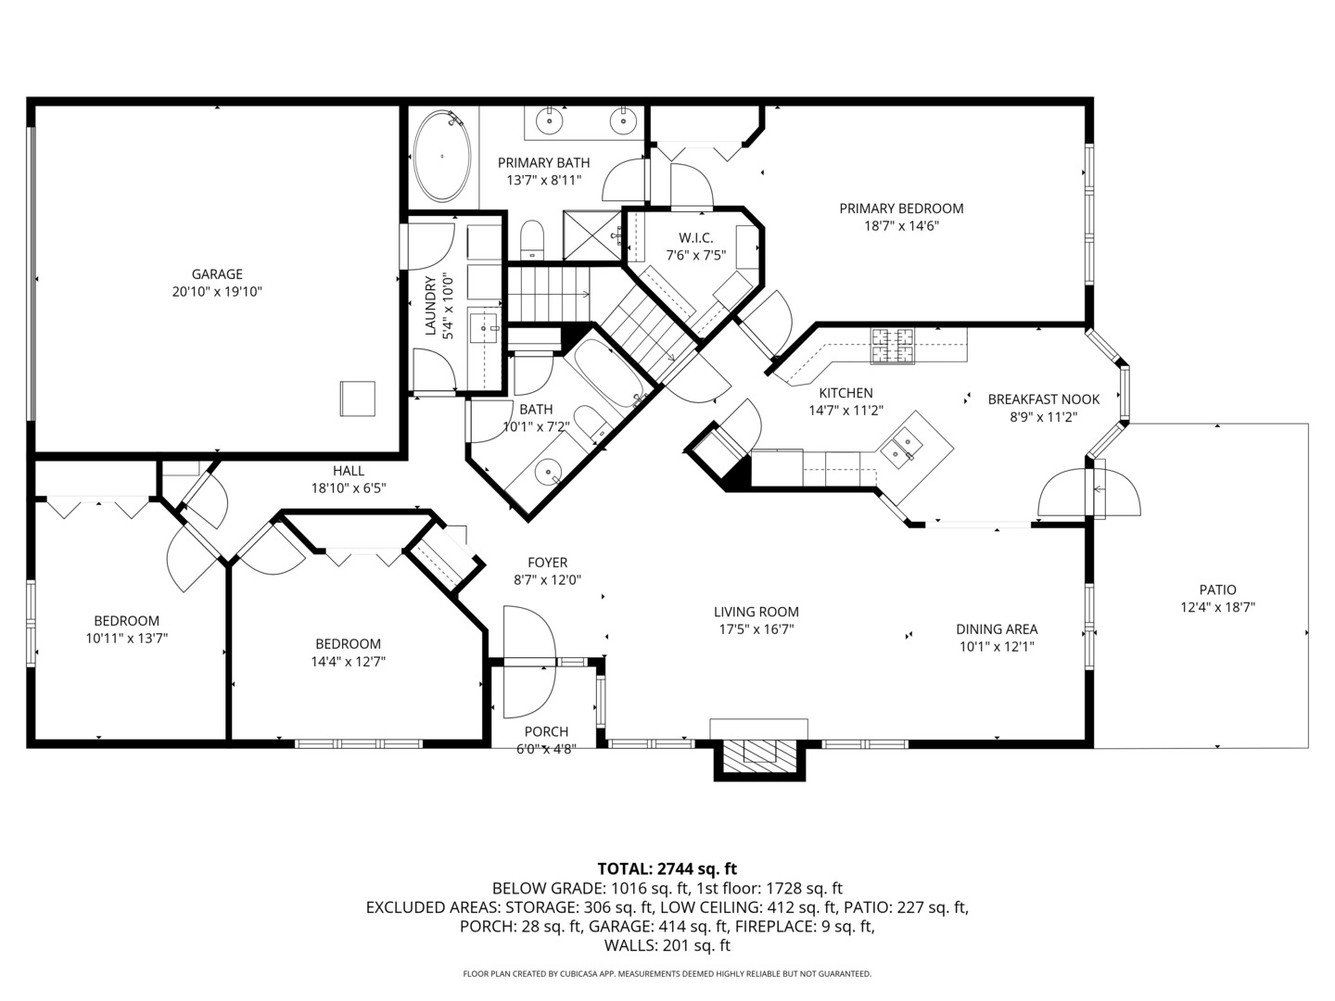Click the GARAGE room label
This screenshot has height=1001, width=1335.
point(217,274)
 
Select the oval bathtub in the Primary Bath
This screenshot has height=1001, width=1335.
point(441,157)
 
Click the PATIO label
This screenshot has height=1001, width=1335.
point(1217,589)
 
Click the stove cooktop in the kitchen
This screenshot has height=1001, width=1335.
point(891,346)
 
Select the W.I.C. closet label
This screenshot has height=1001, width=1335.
point(695,238)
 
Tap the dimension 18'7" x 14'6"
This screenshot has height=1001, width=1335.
point(901,225)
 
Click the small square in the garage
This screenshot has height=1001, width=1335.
point(357,399)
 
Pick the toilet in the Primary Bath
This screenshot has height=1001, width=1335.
point(531,239)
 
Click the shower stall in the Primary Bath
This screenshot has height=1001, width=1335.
point(592,236)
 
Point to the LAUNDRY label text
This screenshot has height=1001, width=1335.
point(429,306)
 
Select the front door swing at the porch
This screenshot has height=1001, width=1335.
point(529,661)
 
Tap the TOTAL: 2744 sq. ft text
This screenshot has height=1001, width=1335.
point(667,868)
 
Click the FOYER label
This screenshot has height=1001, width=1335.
point(547,563)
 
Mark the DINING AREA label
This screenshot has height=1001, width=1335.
point(997,629)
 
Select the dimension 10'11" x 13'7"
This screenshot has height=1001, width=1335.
point(126,638)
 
